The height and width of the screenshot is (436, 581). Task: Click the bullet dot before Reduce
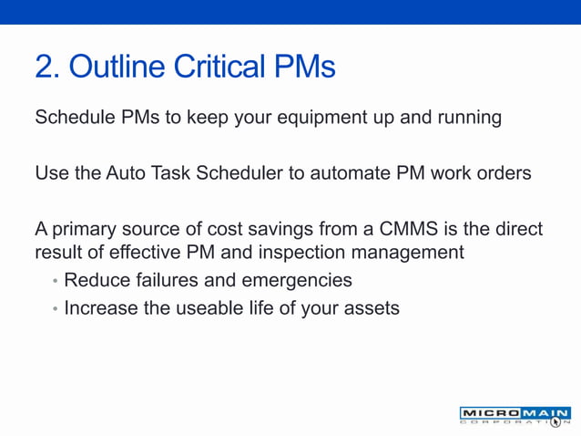click(x=55, y=281)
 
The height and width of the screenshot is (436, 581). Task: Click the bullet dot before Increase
click(x=55, y=309)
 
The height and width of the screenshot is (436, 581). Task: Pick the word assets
click(x=371, y=309)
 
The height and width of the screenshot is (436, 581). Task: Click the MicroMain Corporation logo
click(x=515, y=416)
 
